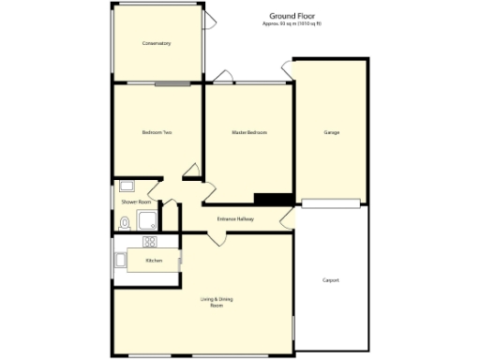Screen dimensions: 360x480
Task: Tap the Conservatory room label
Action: pyautogui.click(x=156, y=44)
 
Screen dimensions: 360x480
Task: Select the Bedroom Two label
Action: pyautogui.click(x=156, y=132)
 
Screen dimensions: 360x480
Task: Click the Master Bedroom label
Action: pyautogui.click(x=249, y=132)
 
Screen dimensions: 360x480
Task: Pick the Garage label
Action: pyautogui.click(x=331, y=132)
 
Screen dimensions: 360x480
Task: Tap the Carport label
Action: pyautogui.click(x=330, y=280)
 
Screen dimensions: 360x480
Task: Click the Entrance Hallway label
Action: pyautogui.click(x=235, y=219)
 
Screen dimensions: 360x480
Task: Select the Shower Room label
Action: pyautogui.click(x=136, y=202)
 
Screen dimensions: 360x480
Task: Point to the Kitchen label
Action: pyautogui.click(x=154, y=260)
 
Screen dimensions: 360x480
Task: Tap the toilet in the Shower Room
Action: pyautogui.click(x=125, y=222)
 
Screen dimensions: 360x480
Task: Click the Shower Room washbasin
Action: pyautogui.click(x=126, y=185)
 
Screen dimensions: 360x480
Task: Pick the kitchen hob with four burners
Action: pyautogui.click(x=149, y=242)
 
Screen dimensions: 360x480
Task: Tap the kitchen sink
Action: pyautogui.click(x=119, y=260)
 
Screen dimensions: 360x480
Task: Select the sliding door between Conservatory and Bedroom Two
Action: pyautogui.click(x=173, y=83)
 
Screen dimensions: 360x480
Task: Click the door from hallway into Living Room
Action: pyautogui.click(x=217, y=238)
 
